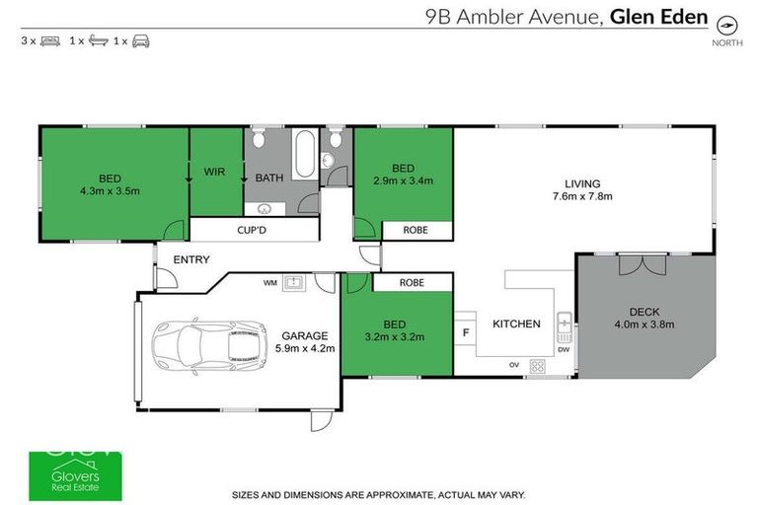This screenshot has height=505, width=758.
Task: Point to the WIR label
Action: click(x=215, y=172)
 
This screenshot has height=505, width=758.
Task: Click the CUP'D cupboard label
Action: click(x=254, y=230)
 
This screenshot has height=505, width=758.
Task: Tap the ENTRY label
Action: click(x=190, y=259)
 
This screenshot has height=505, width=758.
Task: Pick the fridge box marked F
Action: click(x=465, y=333)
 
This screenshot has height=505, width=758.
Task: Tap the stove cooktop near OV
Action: click(x=538, y=366)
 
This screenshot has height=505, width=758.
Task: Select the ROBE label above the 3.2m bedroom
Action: click(x=412, y=282)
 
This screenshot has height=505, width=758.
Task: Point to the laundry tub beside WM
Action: click(x=293, y=283)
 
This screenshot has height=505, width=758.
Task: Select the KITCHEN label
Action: click(x=516, y=324)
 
